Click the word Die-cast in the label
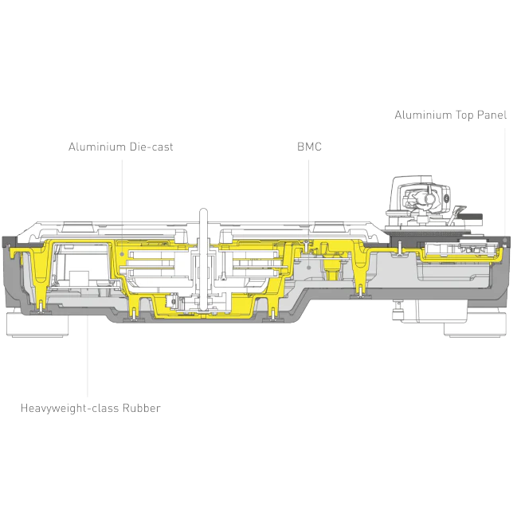[151, 147]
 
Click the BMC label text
[309, 147]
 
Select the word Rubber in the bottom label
[141, 408]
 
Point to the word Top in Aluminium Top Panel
[464, 116]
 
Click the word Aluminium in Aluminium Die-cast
[97, 147]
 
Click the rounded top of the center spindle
[203, 211]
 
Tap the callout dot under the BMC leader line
[308, 268]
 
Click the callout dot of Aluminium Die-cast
[122, 254]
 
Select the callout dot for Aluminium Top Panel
[505, 240]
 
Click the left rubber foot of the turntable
[37, 324]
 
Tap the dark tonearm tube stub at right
[471, 217]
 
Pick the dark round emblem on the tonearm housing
[447, 197]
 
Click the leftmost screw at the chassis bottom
[41, 306]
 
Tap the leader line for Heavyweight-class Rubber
[88, 352]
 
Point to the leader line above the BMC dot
[308, 213]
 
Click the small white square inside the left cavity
[79, 278]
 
